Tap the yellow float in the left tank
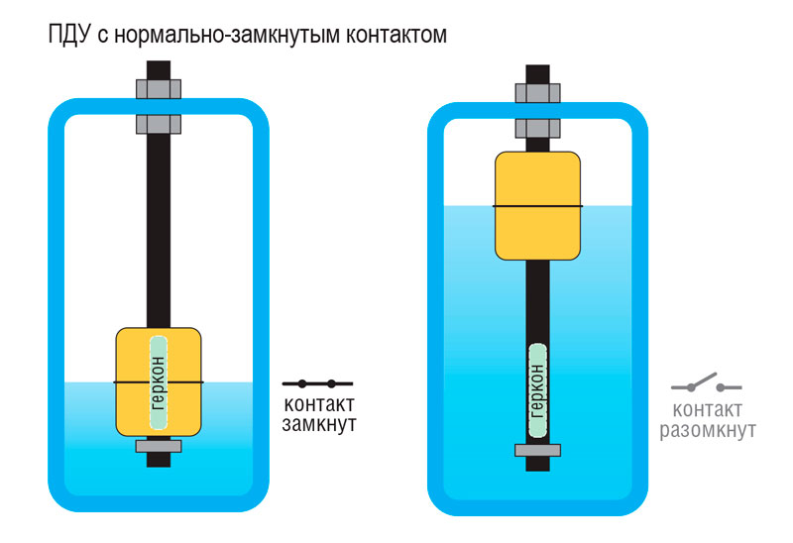click(x=159, y=381)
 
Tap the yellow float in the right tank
click(x=537, y=206)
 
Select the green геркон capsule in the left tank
click(x=159, y=382)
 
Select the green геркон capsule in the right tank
click(x=537, y=390)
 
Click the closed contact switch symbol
click(x=317, y=383)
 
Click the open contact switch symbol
click(x=706, y=383)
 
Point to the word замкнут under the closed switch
click(x=319, y=424)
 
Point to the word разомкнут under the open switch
click(x=708, y=430)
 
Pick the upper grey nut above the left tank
click(x=159, y=89)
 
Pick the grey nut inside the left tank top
click(x=159, y=124)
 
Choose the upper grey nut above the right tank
click(x=537, y=93)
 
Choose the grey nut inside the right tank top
click(x=537, y=128)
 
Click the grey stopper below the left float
click(x=159, y=446)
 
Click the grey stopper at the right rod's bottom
click(x=537, y=450)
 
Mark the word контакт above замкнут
click(x=319, y=404)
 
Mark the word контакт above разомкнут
click(x=708, y=409)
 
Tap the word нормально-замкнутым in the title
click(x=227, y=35)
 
